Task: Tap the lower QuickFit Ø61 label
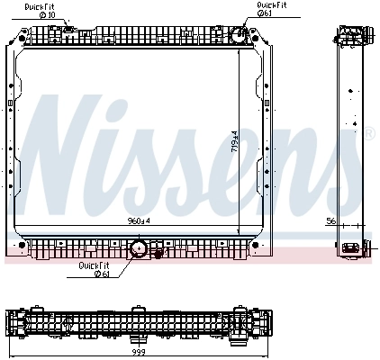(93, 269)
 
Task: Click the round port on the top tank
(238, 36)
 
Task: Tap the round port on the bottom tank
(140, 248)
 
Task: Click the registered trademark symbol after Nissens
(368, 133)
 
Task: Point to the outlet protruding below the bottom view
(140, 337)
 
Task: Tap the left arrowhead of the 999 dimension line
(8, 346)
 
